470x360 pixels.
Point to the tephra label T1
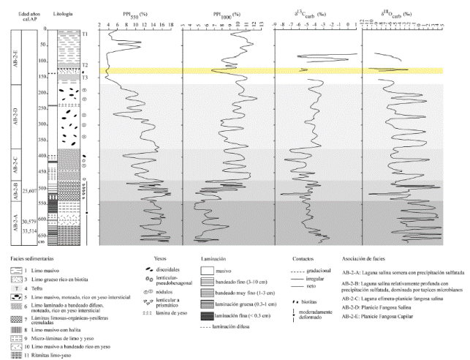(x=85, y=34)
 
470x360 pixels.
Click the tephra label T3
(x=85, y=78)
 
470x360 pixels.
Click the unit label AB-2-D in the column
(x=16, y=117)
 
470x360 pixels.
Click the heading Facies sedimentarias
(x=30, y=258)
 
